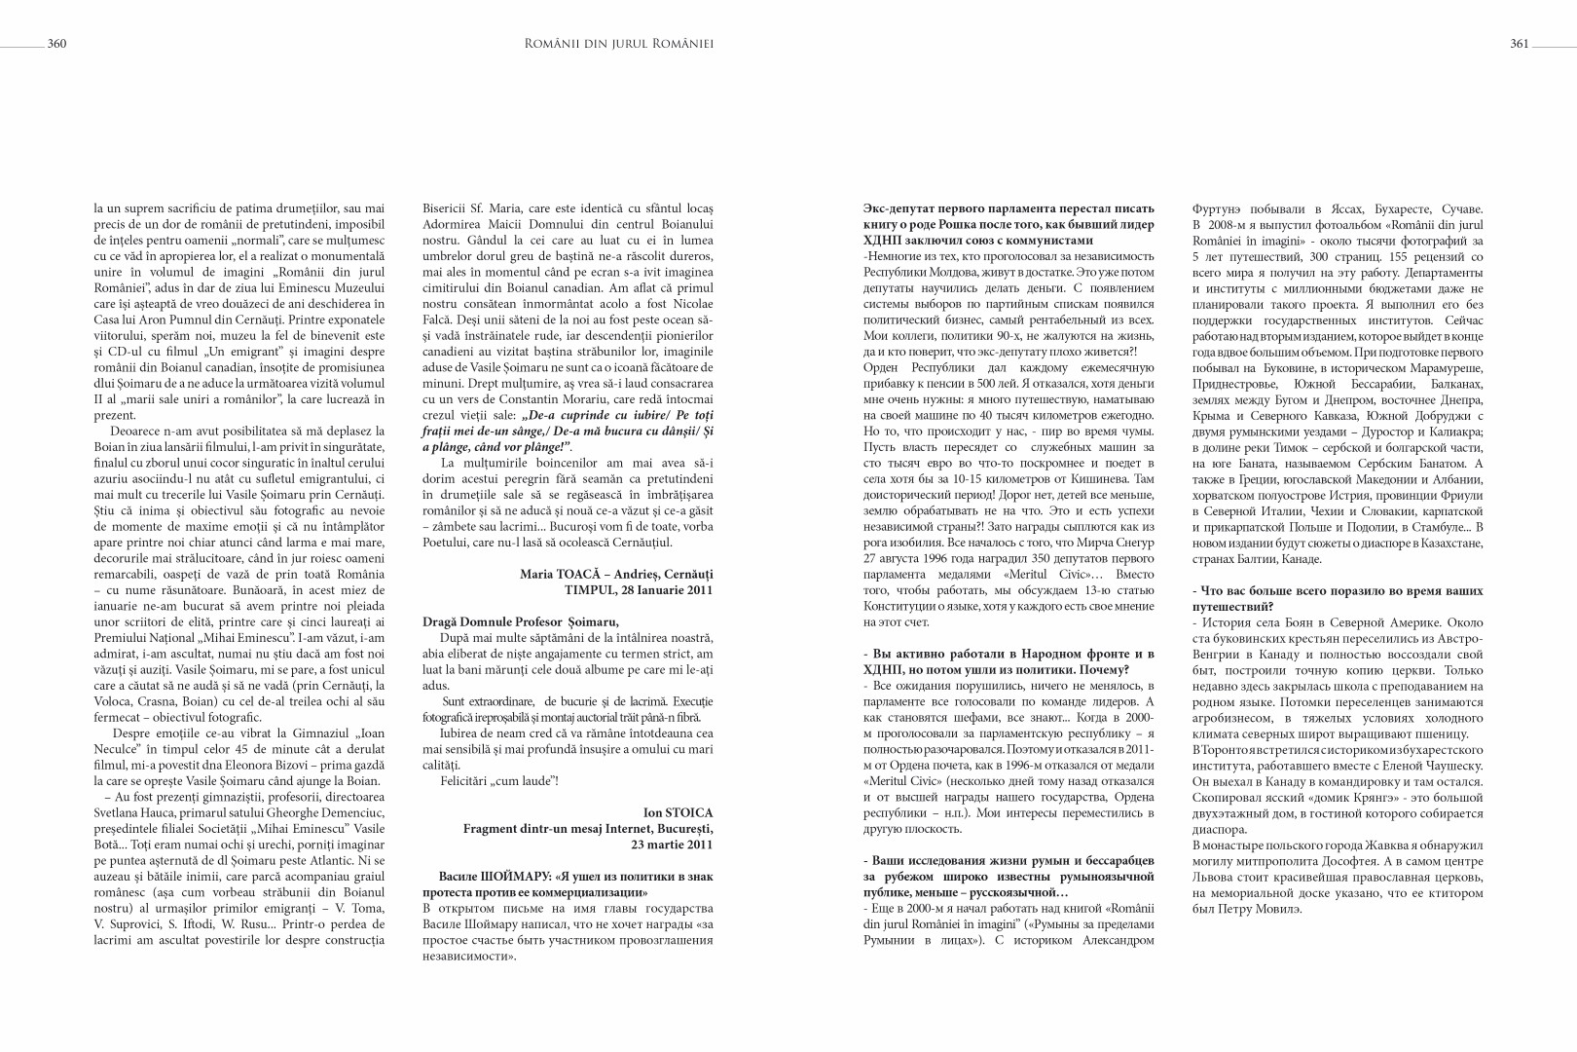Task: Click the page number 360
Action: pos(55,43)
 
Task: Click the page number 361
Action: pos(1520,43)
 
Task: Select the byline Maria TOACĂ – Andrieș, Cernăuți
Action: pos(616,575)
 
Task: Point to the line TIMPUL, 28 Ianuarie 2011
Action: pos(639,589)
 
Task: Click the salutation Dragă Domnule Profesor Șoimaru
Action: pos(521,621)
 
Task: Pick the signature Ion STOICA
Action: pos(678,811)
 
